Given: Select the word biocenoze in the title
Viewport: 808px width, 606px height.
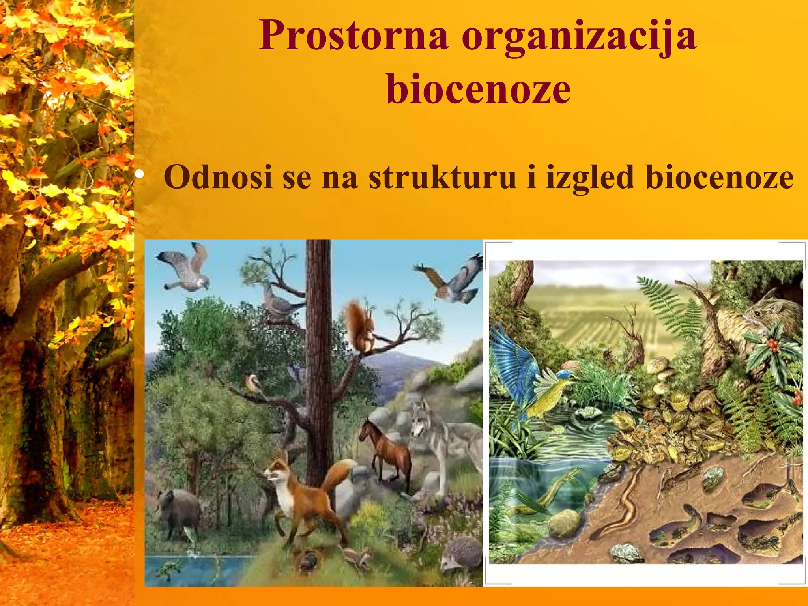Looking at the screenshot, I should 478,90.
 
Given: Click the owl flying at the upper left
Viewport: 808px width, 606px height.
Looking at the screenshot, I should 185,268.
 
